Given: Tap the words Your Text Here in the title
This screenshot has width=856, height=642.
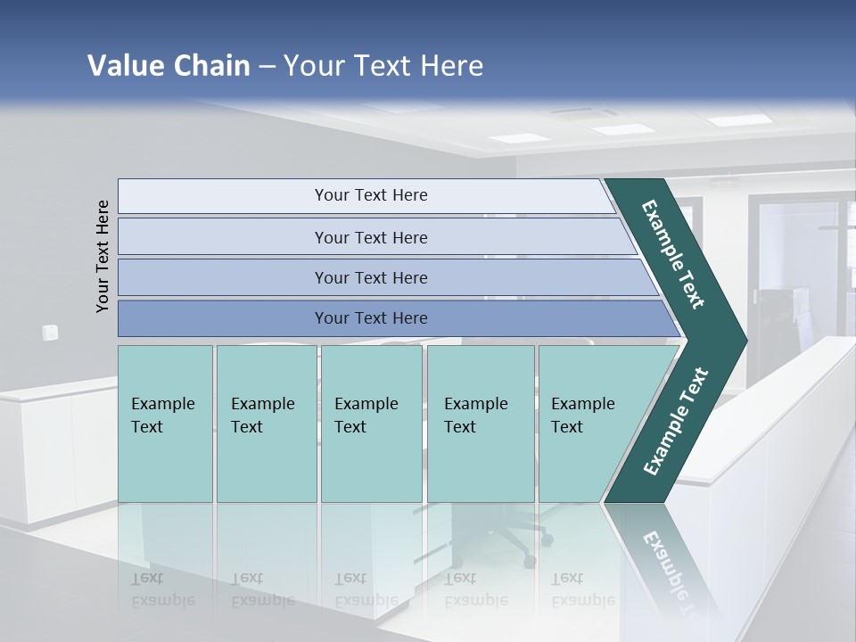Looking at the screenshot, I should pyautogui.click(x=383, y=65).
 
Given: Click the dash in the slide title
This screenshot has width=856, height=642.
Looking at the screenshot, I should pyautogui.click(x=267, y=67).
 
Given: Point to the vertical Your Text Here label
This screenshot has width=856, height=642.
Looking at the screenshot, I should pyautogui.click(x=103, y=256).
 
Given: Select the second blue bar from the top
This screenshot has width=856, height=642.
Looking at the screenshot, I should pyautogui.click(x=370, y=237).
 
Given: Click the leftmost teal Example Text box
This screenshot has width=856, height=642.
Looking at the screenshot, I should pyautogui.click(x=165, y=424).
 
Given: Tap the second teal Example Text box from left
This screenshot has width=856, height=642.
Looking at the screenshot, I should pyautogui.click(x=267, y=424).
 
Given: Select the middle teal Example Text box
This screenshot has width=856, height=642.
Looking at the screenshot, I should pyautogui.click(x=371, y=424).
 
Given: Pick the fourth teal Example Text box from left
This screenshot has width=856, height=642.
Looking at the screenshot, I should pyautogui.click(x=481, y=424).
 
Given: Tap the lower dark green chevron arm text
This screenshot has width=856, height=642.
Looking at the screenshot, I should pyautogui.click(x=676, y=422).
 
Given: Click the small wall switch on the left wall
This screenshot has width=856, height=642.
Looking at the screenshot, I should pyautogui.click(x=50, y=333).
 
